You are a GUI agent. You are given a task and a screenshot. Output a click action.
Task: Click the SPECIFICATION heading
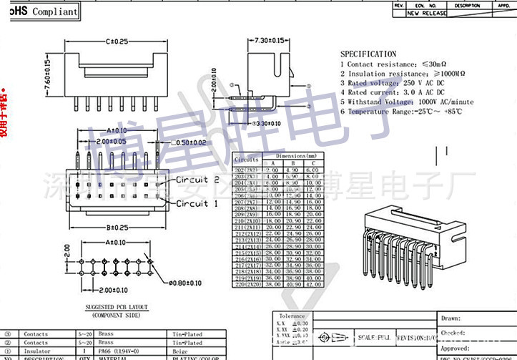[x=368, y=54]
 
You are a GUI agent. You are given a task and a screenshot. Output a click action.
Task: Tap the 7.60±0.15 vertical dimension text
[x=49, y=74]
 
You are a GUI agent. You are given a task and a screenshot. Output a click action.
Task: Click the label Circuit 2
[x=192, y=179]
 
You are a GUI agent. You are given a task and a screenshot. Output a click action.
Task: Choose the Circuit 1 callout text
[x=192, y=203]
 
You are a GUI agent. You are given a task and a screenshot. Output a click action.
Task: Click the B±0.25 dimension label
[x=114, y=228]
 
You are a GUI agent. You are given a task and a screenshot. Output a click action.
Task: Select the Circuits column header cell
[x=247, y=160]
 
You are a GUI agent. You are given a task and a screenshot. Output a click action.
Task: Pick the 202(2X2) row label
[x=247, y=170]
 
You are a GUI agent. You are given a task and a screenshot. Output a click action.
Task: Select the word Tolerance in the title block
[x=292, y=316]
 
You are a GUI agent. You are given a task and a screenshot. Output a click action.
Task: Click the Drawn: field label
[x=451, y=318]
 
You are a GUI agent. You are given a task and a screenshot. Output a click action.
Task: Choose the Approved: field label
[x=456, y=348]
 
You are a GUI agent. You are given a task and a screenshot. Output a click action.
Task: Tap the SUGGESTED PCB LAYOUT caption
[x=115, y=308]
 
